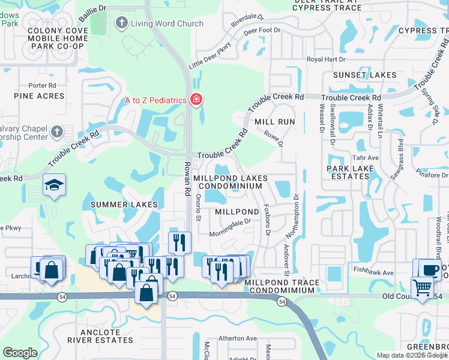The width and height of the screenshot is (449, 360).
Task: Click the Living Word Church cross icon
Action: tap(122, 24)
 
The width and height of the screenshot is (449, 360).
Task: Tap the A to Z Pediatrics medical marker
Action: tap(195, 100)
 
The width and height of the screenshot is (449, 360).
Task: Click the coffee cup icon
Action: tap(430, 269)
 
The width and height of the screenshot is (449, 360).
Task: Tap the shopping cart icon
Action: tap(422, 289)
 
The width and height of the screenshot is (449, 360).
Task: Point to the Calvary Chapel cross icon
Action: tap(57, 131)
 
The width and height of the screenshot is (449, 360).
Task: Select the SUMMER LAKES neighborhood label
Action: tap(124, 205)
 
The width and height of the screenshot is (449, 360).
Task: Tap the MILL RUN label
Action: tap(275, 121)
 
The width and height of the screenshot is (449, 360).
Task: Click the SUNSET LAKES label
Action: tap(360, 75)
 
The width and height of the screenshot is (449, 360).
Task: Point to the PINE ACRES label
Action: tap(39, 96)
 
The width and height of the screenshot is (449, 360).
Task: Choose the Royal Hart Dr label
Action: tap(327, 59)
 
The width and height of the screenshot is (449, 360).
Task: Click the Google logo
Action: tap(20, 353)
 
